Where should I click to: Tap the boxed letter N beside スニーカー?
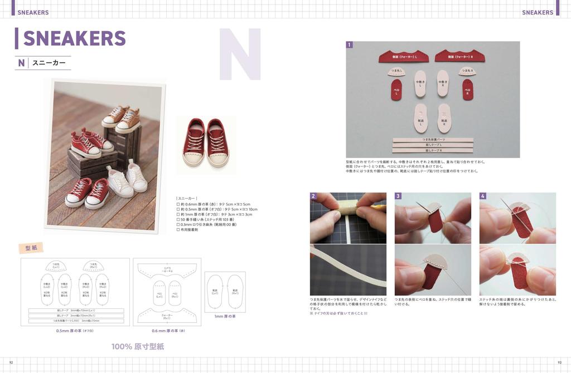21,63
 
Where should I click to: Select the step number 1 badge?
349,45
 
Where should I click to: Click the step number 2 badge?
313,196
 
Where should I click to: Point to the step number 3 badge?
398,196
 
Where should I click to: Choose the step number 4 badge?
483,196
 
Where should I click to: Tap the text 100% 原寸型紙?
138,346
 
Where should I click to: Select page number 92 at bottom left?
11,362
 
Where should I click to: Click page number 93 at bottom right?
559,362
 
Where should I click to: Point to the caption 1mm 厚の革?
225,316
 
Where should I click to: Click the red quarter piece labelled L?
404,56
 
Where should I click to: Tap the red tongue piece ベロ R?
467,90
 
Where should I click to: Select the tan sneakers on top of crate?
122,117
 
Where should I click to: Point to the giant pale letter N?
240,54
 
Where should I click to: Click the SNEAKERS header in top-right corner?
537,12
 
